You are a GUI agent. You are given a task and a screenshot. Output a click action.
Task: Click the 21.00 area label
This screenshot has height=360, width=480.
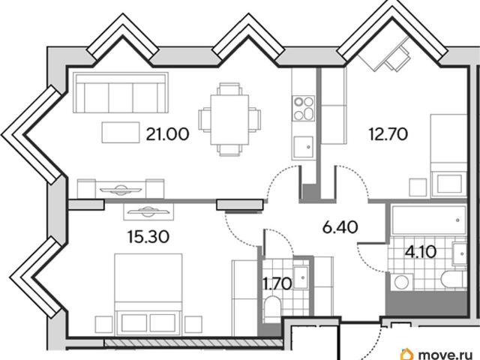tap(167, 134)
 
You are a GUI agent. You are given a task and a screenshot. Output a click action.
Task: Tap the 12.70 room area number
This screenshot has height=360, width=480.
tap(388, 133)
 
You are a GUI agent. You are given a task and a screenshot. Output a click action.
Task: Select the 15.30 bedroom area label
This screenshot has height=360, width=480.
tap(148, 237)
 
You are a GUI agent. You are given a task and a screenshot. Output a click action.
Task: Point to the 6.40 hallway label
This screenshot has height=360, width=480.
tap(340, 227)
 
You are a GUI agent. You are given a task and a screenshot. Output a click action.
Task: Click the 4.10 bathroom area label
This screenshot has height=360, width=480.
tap(421, 252)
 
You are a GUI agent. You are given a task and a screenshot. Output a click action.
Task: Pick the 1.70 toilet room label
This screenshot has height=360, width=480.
tap(278, 283)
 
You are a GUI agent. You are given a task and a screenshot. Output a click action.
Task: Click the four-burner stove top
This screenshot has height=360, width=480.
tap(303, 108)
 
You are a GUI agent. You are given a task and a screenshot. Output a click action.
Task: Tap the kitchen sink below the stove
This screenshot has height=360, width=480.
tap(303, 147)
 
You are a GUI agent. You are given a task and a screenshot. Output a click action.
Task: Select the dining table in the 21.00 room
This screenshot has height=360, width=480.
tap(229, 119)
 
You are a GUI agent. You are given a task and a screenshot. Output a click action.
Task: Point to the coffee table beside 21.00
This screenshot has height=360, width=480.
tap(121, 132)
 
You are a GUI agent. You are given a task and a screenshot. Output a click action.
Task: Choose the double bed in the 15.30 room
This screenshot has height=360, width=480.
tap(148, 293)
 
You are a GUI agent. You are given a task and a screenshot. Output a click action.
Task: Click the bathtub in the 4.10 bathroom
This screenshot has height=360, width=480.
tap(428, 220)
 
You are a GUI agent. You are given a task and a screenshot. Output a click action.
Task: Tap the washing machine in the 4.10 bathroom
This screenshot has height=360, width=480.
tap(401, 282)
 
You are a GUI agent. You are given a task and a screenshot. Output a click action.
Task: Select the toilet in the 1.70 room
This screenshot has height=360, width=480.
tap(271, 308)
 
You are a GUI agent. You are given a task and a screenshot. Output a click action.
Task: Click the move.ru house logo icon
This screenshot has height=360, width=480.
tap(406, 354)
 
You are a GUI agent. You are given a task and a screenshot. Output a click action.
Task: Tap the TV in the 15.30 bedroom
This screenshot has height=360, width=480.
tap(148, 211)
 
